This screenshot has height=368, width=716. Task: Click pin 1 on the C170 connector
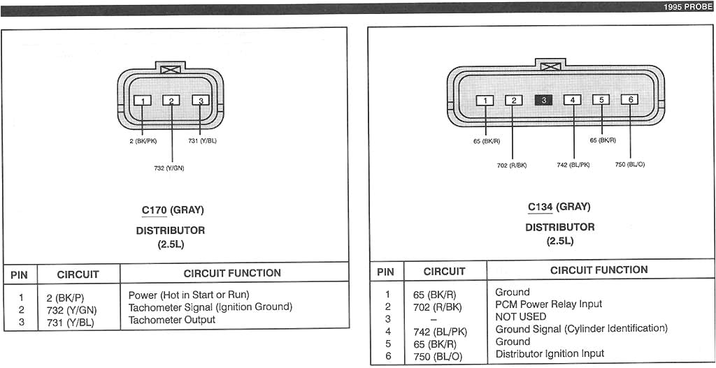142,101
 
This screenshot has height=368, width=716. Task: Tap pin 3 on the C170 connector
201,101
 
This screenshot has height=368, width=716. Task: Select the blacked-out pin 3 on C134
543,100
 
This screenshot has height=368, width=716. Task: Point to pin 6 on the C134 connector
630,100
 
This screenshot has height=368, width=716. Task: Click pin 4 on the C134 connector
572,100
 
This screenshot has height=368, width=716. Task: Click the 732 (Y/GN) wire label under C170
169,168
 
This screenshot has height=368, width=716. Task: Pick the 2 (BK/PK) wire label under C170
143,141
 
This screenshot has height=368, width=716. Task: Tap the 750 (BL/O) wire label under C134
630,165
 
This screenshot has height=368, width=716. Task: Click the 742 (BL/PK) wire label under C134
573,165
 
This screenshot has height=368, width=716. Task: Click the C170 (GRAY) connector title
173,210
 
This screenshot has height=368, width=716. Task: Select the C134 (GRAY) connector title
559,207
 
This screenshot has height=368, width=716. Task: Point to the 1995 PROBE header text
688,7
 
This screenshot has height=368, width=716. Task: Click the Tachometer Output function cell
172,320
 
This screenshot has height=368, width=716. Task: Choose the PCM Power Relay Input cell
548,304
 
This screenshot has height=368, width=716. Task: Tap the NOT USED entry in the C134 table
521,316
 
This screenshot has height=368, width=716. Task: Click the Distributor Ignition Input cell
550,353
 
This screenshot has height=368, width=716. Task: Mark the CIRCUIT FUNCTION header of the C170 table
232,273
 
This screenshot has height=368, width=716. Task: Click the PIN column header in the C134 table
385,272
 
